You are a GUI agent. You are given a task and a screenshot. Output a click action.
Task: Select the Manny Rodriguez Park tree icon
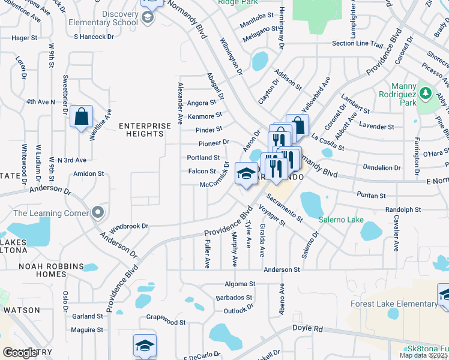425,94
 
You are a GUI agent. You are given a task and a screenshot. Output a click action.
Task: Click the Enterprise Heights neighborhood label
141,130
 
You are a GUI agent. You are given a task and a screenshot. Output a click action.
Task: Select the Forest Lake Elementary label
394,304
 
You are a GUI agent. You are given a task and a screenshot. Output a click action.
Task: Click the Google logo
20,353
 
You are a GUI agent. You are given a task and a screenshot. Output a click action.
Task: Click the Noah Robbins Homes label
41,270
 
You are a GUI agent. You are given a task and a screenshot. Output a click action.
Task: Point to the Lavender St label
376,127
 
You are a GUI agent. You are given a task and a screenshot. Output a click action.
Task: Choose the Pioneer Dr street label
214,143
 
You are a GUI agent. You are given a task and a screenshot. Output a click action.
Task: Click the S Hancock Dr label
94,37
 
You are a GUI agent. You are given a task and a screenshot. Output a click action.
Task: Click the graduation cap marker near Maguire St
145,346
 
